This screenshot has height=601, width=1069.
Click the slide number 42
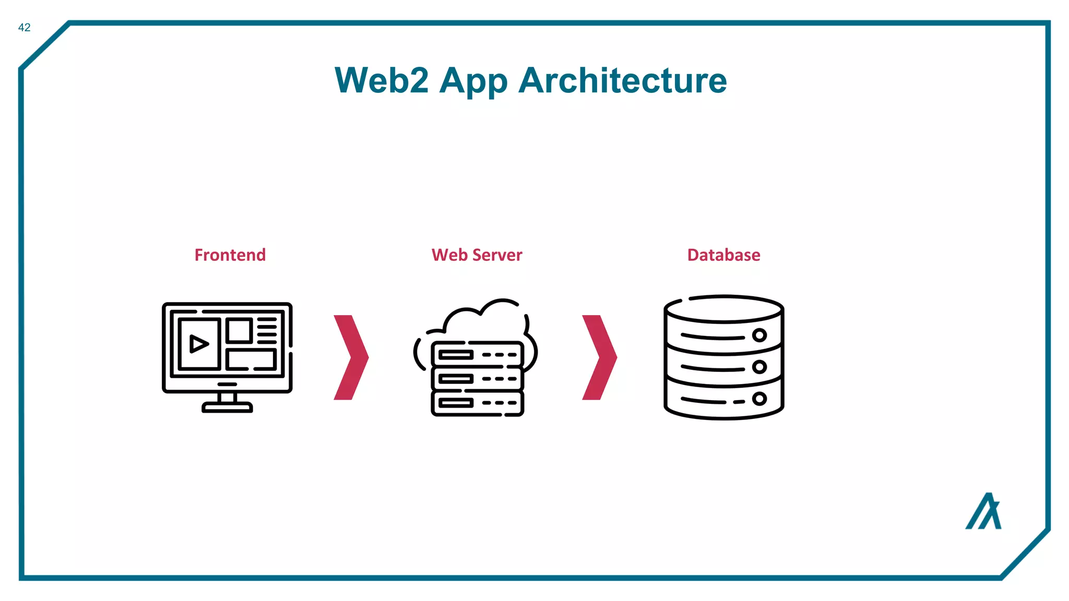(x=24, y=28)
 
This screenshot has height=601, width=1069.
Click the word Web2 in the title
(x=382, y=81)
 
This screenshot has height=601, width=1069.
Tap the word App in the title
(x=473, y=82)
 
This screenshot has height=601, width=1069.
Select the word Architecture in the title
(x=623, y=81)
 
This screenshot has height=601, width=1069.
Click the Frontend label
(x=230, y=255)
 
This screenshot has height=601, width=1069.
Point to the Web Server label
(x=477, y=255)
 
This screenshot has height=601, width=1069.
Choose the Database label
(x=723, y=255)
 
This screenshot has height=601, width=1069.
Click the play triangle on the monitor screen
(x=198, y=344)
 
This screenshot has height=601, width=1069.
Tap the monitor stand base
(x=227, y=407)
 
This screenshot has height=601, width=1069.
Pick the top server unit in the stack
(x=477, y=355)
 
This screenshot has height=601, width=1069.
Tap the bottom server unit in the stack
(x=477, y=403)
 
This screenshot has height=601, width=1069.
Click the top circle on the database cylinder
(x=759, y=335)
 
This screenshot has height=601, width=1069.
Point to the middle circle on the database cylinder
(x=759, y=367)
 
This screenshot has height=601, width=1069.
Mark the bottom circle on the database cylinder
(x=759, y=399)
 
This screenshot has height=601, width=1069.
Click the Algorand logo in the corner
(x=983, y=512)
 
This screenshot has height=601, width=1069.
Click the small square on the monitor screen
(x=239, y=331)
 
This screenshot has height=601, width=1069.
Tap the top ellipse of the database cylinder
(x=723, y=309)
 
